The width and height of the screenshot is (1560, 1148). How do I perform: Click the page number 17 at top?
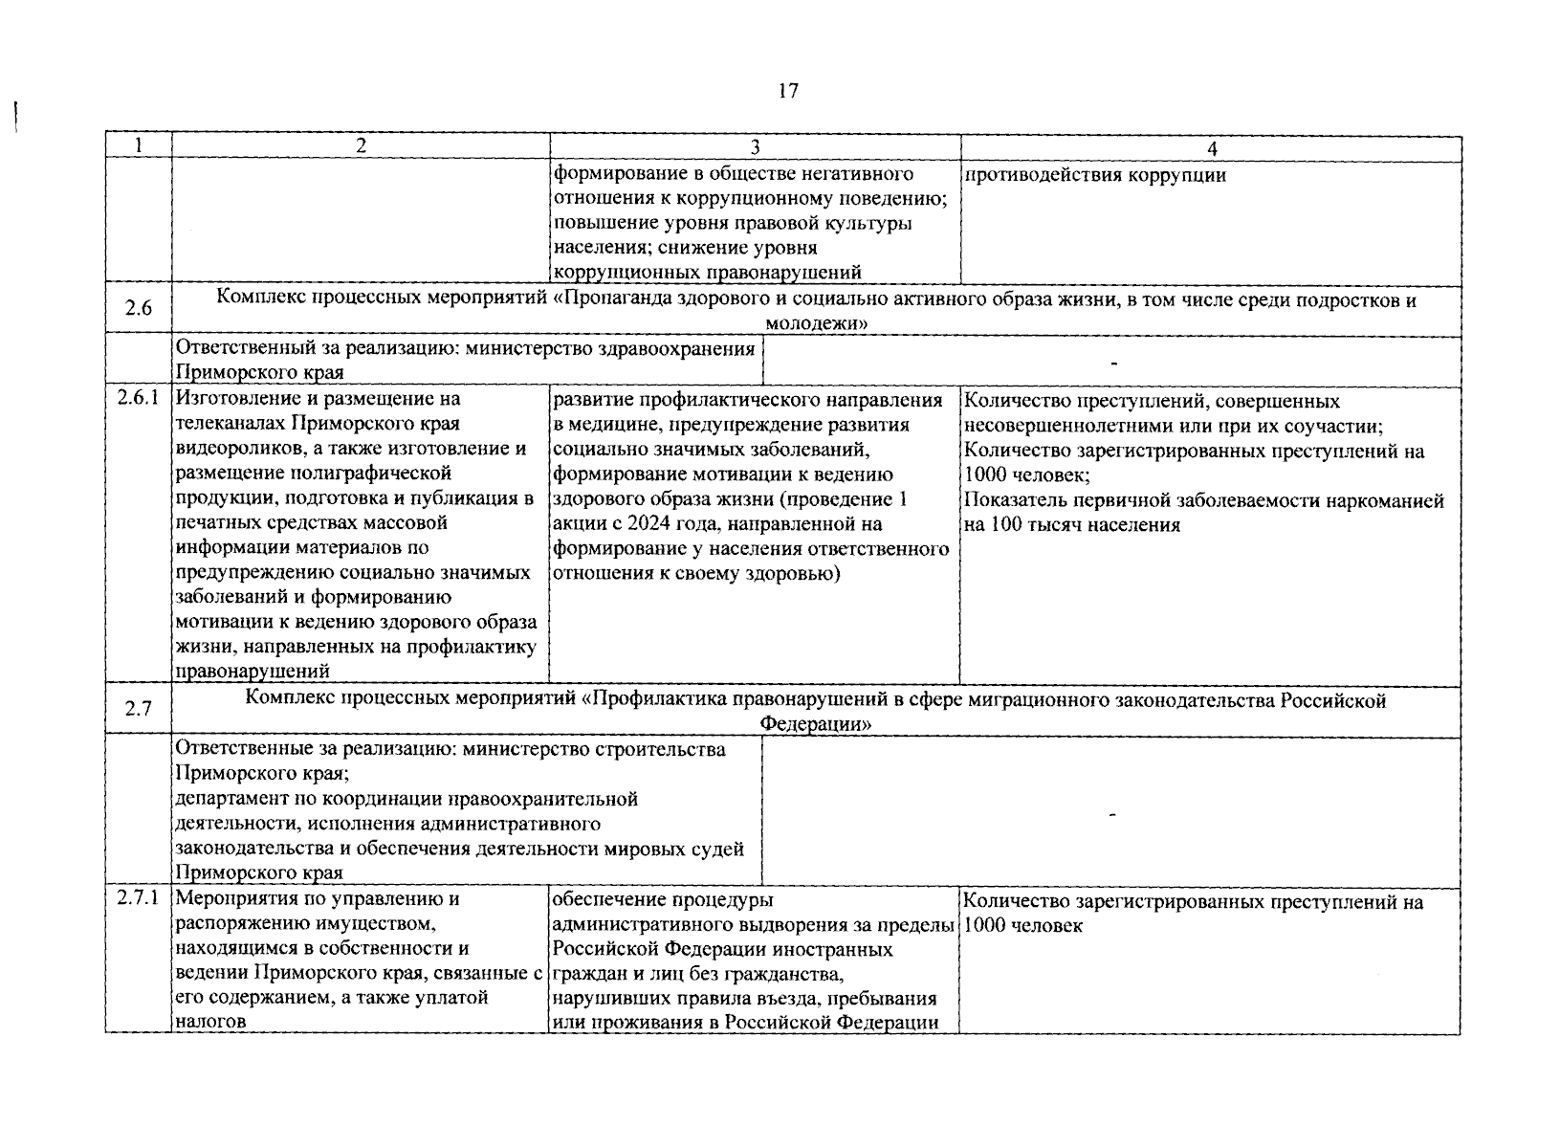788,92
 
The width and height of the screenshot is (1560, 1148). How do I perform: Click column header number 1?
138,146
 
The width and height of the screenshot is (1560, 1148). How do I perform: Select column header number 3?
755,147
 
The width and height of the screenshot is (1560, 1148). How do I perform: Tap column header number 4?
1211,148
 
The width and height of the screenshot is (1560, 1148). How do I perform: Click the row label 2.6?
138,310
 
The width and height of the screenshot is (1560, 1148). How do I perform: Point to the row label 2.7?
138,710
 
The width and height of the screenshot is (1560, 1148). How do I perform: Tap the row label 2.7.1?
138,898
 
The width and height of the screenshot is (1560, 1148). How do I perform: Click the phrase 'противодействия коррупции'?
1094,175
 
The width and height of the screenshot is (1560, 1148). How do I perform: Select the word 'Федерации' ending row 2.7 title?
815,724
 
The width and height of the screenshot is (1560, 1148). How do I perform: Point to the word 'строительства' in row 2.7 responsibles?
667,749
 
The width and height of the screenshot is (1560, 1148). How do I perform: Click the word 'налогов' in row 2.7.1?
211,1022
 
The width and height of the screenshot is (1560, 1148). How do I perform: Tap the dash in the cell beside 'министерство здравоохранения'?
1113,362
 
